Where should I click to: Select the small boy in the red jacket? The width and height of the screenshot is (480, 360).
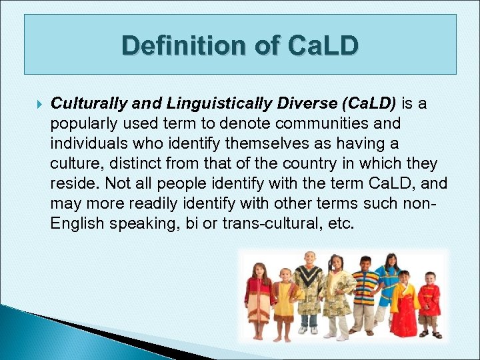pyautogui.click(x=429, y=303)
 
